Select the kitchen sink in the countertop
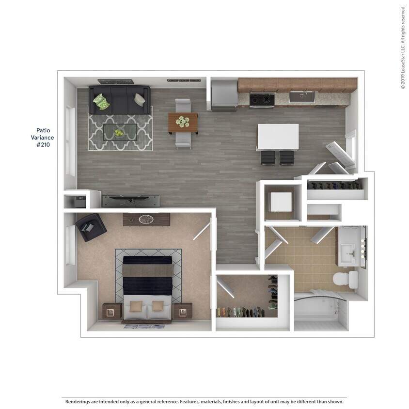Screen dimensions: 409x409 302,96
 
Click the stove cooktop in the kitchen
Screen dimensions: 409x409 262,99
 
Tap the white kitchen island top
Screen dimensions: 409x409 277,137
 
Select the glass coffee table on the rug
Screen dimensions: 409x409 119,131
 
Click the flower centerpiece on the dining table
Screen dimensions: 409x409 183,121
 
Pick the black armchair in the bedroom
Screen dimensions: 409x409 91,226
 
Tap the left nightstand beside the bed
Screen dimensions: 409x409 111,311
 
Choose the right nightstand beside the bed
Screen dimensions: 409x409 183,311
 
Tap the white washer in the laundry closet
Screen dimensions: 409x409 281,202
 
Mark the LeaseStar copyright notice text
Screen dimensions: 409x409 403,47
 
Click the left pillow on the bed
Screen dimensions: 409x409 136,306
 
